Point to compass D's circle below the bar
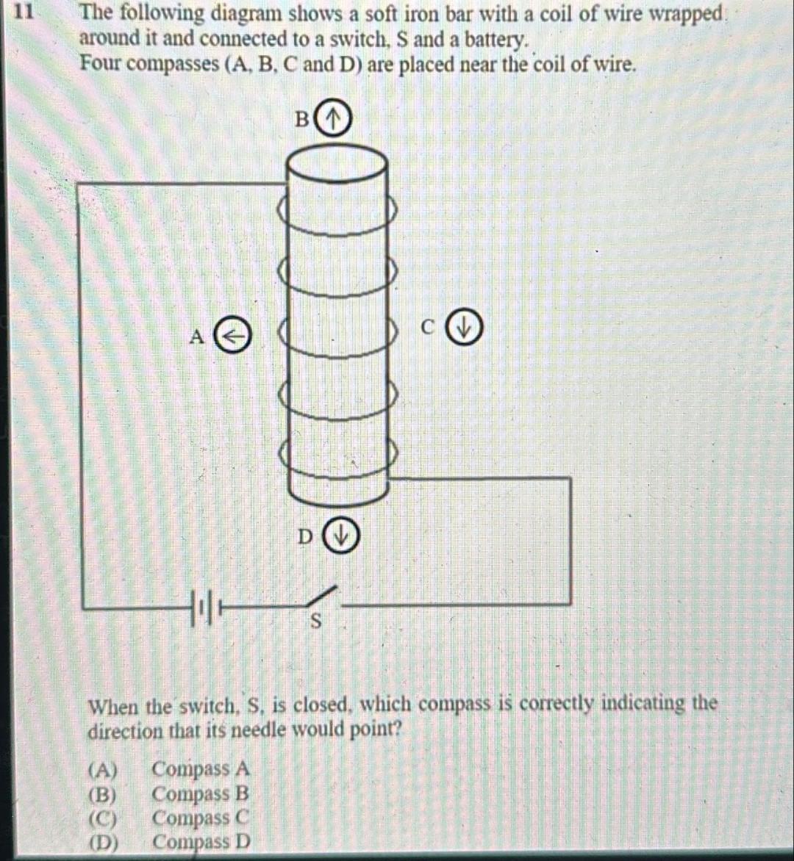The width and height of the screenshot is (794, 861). tap(341, 534)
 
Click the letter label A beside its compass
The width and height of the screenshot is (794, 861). tap(196, 337)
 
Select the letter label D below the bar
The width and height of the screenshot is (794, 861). tap(305, 537)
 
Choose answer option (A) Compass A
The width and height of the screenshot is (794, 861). tap(169, 770)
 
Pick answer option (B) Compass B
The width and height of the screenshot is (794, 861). tap(169, 794)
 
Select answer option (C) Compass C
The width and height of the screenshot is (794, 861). tap(169, 818)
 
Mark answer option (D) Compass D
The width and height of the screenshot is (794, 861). tap(169, 842)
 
